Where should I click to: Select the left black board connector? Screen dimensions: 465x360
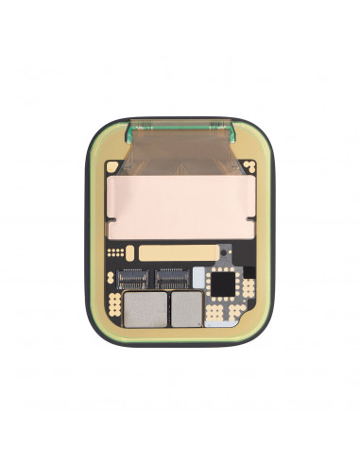136,278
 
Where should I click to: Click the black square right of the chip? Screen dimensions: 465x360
248,284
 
